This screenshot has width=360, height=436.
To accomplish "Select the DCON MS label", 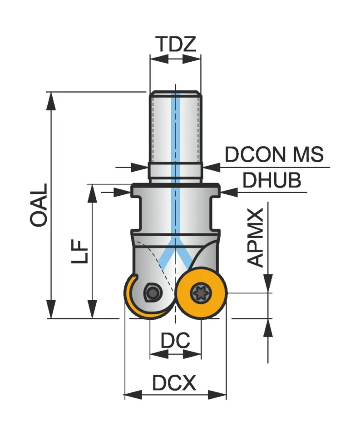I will click(274, 155).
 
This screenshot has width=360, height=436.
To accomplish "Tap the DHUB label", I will click(271, 181).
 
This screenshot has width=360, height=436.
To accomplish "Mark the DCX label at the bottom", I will click(174, 384).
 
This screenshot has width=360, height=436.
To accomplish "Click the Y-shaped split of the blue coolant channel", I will click(175, 254).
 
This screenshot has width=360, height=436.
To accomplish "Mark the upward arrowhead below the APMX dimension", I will click(268, 327).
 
